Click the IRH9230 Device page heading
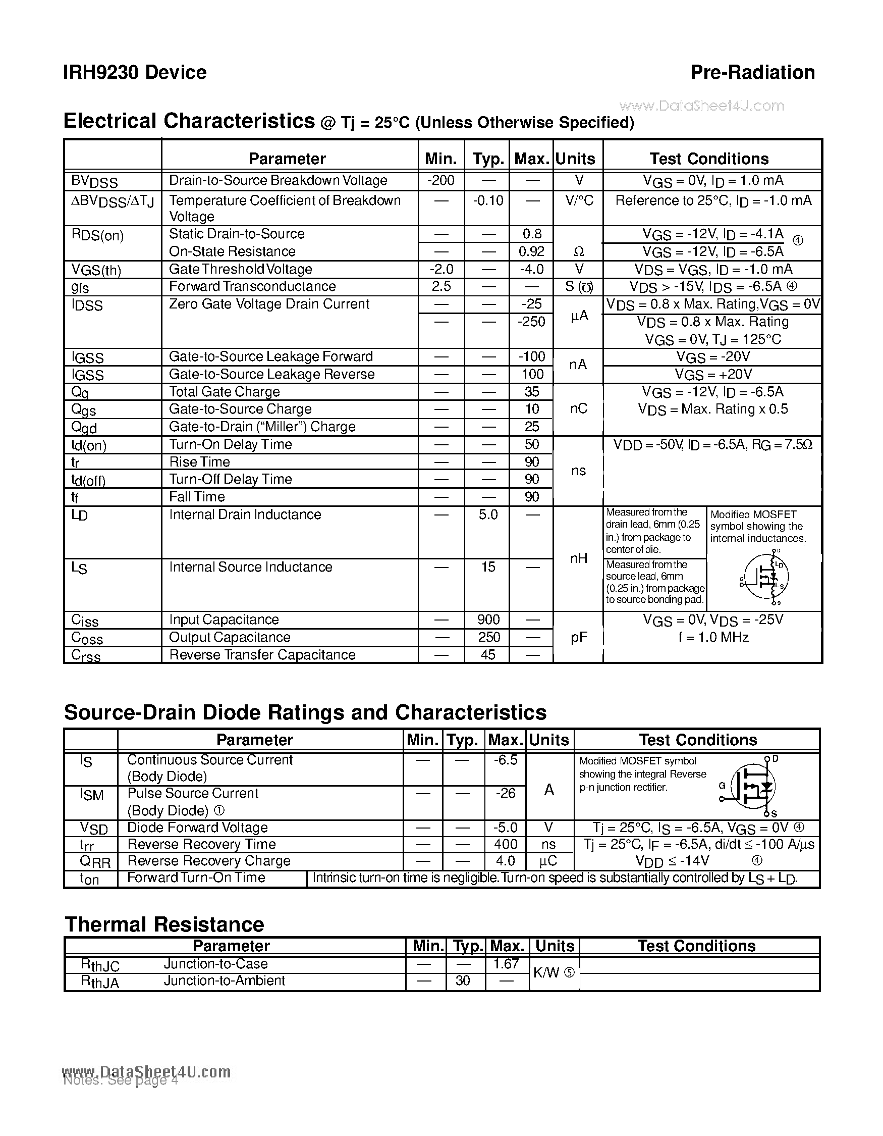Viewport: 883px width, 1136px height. pos(135,72)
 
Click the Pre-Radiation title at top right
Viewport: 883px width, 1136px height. pos(752,72)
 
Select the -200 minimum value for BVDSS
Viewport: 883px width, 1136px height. pos(440,180)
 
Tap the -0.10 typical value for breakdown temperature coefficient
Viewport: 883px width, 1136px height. pos(487,201)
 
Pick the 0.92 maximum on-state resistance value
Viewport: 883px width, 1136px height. pos(531,252)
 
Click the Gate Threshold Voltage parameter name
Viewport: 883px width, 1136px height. pos(240,270)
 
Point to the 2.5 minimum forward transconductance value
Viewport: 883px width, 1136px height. pos(440,287)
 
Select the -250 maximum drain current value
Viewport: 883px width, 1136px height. pos(531,322)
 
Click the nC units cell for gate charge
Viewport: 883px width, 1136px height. pos(578,409)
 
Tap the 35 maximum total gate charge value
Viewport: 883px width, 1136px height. pos(532,392)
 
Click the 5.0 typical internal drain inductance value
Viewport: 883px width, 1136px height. pos(487,515)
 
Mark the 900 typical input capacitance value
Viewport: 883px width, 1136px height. pos(488,620)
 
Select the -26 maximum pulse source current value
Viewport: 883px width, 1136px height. pos(505,794)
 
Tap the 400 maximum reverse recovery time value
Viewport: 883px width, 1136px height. pos(505,844)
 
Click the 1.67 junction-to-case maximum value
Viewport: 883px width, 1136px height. pos(506,964)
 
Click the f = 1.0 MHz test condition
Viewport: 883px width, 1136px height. pos(713,638)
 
